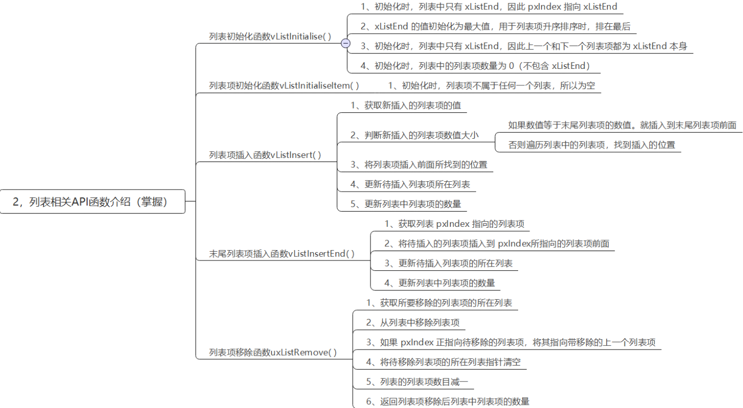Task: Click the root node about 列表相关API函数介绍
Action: (92, 201)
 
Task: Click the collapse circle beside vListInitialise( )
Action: (346, 43)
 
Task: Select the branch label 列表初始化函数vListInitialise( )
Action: (269, 36)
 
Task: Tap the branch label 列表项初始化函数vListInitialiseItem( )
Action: (284, 86)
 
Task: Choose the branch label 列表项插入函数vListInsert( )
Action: (265, 155)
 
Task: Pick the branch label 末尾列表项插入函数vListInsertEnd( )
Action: (282, 254)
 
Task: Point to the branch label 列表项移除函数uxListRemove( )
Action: (273, 353)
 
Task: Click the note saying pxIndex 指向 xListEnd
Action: (489, 7)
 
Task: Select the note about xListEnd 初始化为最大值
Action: (495, 26)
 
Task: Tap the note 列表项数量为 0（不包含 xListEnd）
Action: (476, 66)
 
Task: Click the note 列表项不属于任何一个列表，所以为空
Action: (491, 85)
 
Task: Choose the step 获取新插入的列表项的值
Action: (406, 105)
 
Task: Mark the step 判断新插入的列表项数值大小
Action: (414, 135)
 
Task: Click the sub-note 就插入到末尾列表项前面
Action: (622, 125)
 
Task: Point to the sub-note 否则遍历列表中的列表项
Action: (592, 145)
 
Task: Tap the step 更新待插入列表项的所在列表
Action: (448, 264)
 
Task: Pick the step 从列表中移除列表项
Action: (412, 323)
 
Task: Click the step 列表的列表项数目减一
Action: (417, 382)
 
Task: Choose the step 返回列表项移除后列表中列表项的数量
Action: (447, 401)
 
